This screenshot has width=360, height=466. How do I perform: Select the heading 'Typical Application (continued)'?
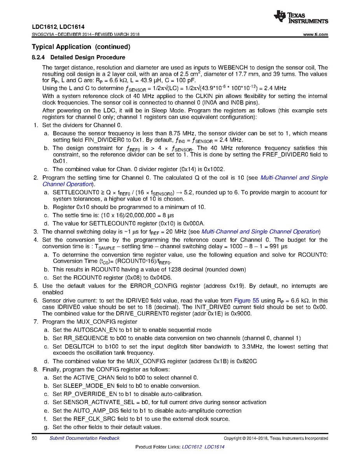point(81,47)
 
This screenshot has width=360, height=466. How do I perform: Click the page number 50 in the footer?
point(34,438)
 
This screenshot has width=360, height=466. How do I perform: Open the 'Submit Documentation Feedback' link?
point(84,438)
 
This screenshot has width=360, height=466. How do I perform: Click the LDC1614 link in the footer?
point(214,447)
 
